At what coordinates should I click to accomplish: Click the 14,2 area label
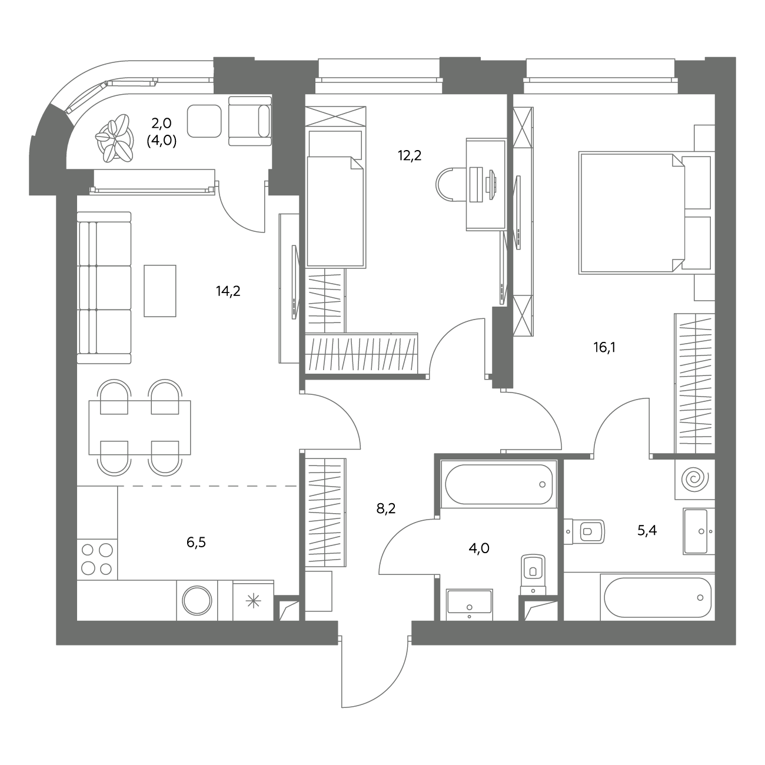[228, 292]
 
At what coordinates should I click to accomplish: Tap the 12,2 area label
[410, 155]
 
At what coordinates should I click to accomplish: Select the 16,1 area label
[604, 348]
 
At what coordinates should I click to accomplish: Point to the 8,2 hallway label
[386, 508]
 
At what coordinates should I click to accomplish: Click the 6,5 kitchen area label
[196, 543]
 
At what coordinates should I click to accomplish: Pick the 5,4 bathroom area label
[647, 530]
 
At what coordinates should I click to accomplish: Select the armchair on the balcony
[250, 121]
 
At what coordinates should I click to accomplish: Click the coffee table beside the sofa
[160, 291]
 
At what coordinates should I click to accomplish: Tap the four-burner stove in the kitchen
[97, 560]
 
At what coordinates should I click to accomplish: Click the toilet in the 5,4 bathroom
[584, 531]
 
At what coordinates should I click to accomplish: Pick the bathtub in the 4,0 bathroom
[498, 484]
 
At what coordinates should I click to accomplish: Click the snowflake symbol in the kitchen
[253, 601]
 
